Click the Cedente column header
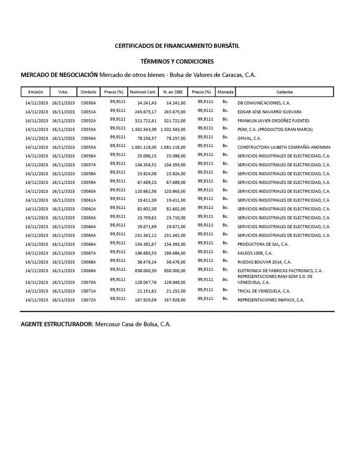284,92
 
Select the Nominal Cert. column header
143,92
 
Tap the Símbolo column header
88,92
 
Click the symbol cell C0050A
88,103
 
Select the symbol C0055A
88,147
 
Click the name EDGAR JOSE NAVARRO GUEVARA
269,112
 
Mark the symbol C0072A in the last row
88,300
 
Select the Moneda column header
225,92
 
